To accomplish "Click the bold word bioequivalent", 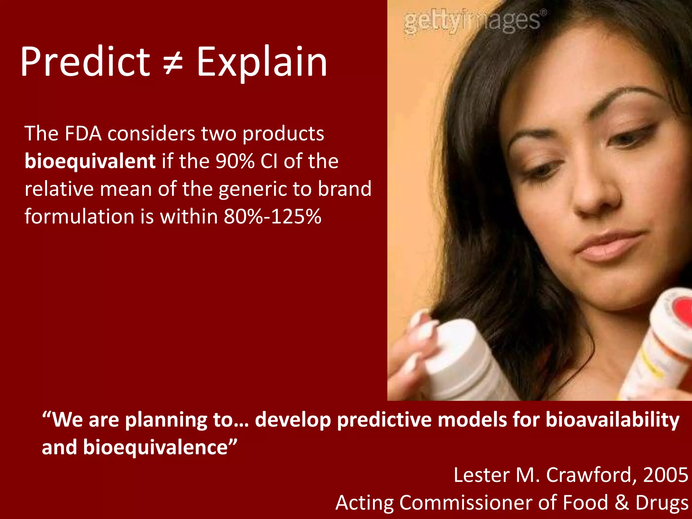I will click(90, 161).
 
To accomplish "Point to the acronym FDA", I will click(83, 133).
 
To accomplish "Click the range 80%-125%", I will click(272, 217).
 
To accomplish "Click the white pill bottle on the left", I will click(460, 362).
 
